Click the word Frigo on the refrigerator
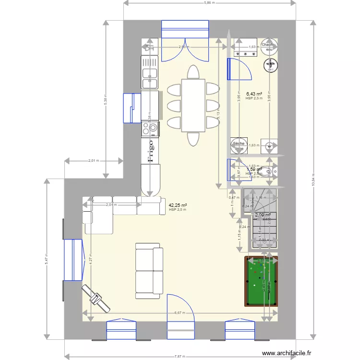point(151,151)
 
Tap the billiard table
point(261,281)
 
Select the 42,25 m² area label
point(178,205)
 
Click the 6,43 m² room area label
point(254,94)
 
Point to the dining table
point(193,105)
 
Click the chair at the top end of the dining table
point(193,72)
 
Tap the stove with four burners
point(150,128)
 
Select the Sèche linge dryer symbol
point(239,145)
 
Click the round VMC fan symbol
point(269,64)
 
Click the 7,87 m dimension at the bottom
point(180,356)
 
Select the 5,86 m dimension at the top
point(209,3)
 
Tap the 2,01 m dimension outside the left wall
point(93,161)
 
